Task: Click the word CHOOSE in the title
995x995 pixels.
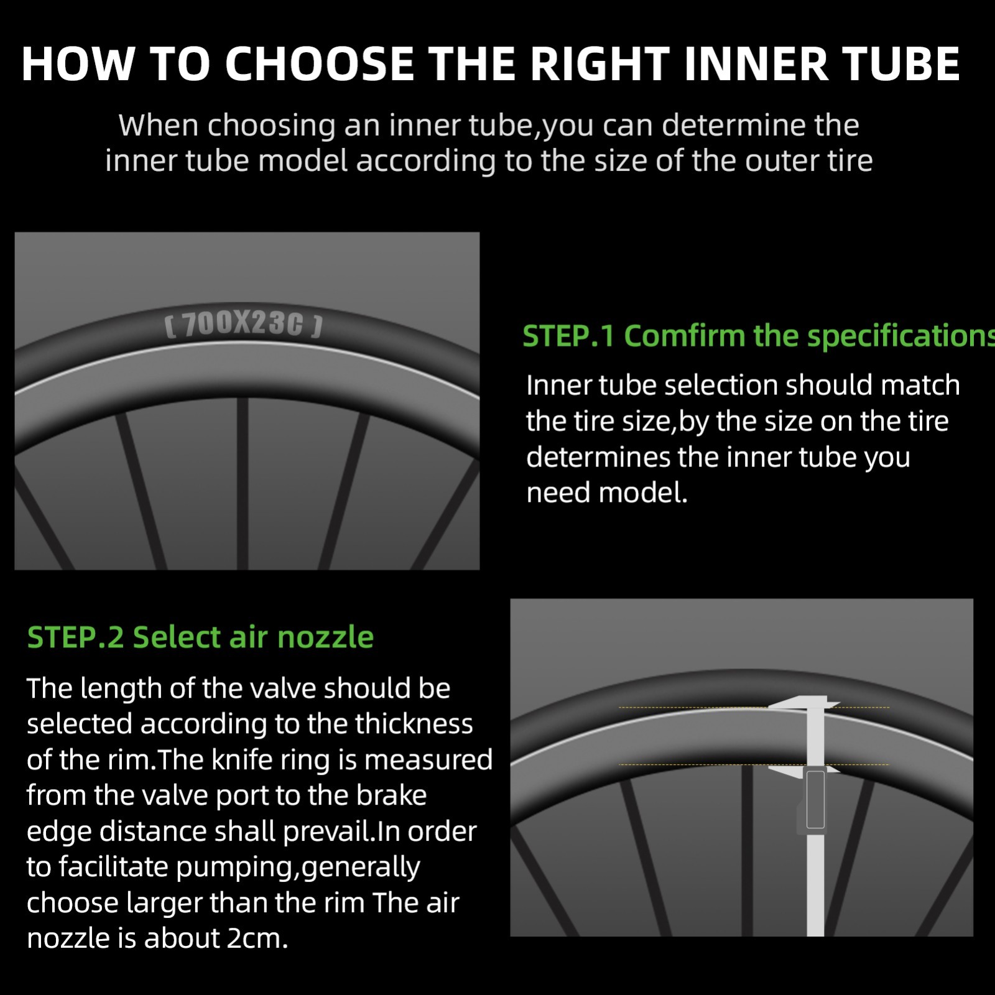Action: coord(319,64)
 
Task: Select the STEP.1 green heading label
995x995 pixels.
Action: coord(568,336)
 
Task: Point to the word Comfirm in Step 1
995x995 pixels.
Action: coord(684,336)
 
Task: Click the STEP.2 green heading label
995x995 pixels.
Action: coord(75,637)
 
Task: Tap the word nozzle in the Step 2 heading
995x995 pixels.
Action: coord(325,637)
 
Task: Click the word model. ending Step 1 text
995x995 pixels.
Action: coord(643,493)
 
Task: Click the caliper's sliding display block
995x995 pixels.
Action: coord(815,800)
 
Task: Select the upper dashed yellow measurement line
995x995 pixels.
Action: coord(754,708)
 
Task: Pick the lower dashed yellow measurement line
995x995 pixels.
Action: coord(754,764)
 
